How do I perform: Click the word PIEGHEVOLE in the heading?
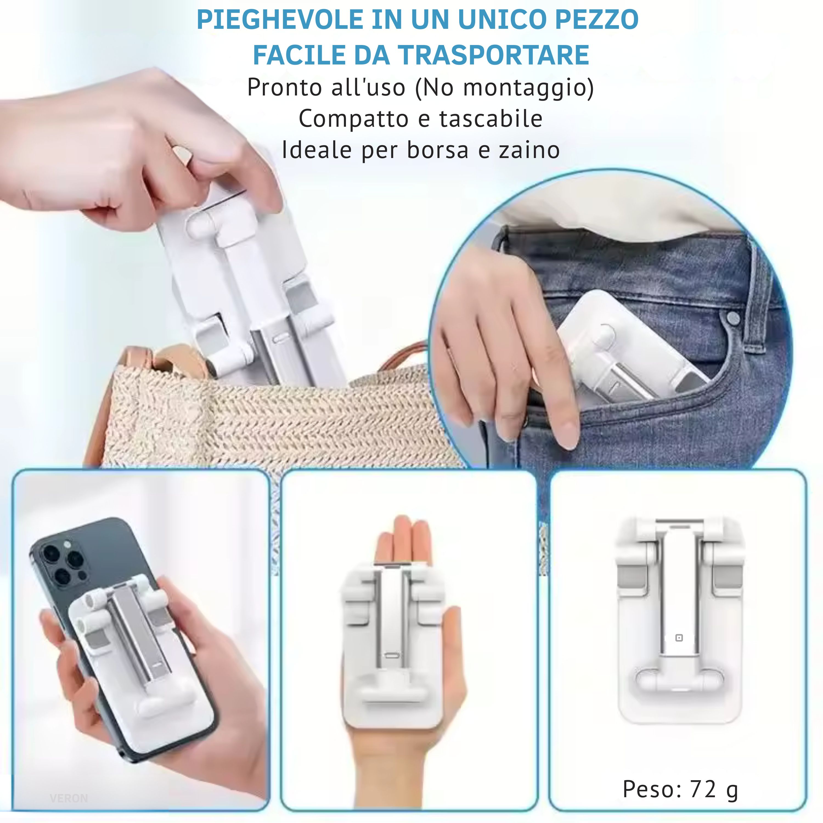click(280, 19)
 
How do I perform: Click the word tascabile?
click(491, 119)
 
